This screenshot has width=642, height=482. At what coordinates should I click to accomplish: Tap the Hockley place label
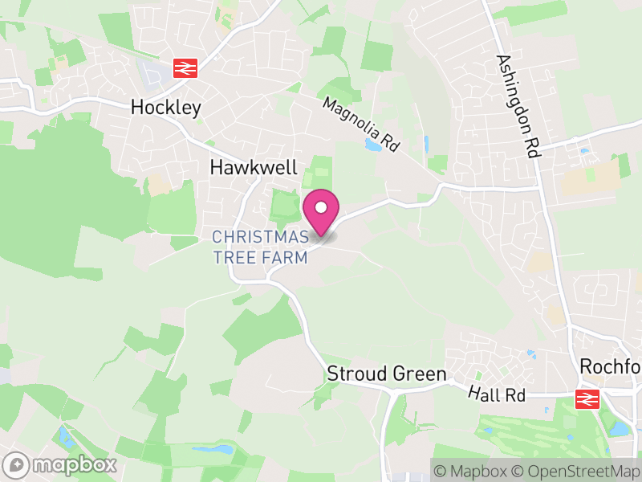click(x=165, y=108)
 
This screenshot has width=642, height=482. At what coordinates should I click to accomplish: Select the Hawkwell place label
click(x=254, y=168)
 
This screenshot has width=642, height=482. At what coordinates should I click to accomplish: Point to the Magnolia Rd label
click(x=361, y=125)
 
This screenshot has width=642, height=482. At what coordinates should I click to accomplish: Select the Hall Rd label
click(x=497, y=396)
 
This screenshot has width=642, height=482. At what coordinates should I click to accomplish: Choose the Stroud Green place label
click(x=387, y=374)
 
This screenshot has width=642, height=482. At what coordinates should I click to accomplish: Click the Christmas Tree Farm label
click(x=260, y=247)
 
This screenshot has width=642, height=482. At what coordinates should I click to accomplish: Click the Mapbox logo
click(x=61, y=465)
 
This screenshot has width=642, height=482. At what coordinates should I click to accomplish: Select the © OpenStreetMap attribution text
click(x=575, y=471)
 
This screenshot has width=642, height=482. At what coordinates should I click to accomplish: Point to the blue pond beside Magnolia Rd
click(x=373, y=145)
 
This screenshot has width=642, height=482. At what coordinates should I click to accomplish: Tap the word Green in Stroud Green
click(x=420, y=374)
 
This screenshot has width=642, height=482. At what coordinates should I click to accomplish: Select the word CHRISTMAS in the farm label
click(x=260, y=236)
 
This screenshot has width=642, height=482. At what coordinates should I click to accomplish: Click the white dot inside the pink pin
click(x=321, y=207)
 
